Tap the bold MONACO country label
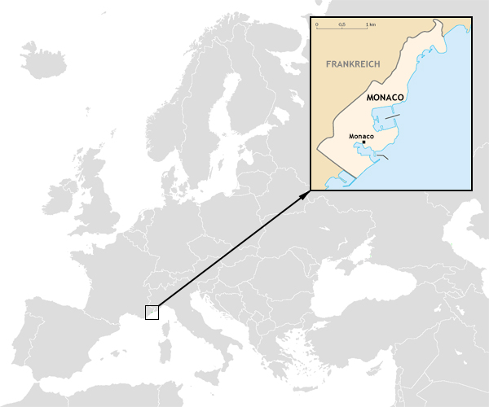point(386,97)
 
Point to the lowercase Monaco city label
point(360,136)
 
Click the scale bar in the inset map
point(342,28)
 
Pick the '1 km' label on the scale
point(371,24)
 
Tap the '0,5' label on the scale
point(342,24)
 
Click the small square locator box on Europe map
point(152,312)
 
